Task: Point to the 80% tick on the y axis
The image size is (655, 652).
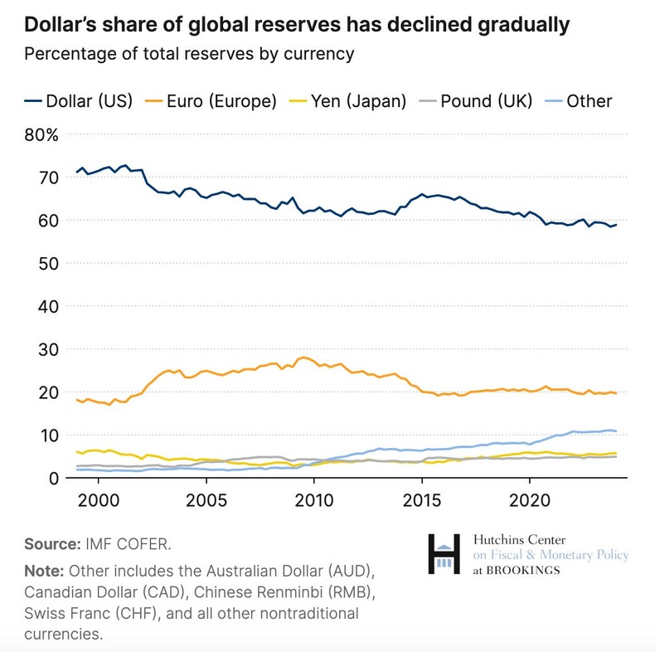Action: click(41, 134)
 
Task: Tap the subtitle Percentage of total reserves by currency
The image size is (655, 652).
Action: click(189, 55)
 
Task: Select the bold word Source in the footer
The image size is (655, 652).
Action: click(51, 544)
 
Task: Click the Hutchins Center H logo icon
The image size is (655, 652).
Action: click(444, 554)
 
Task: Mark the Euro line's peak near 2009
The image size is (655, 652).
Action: click(304, 358)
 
